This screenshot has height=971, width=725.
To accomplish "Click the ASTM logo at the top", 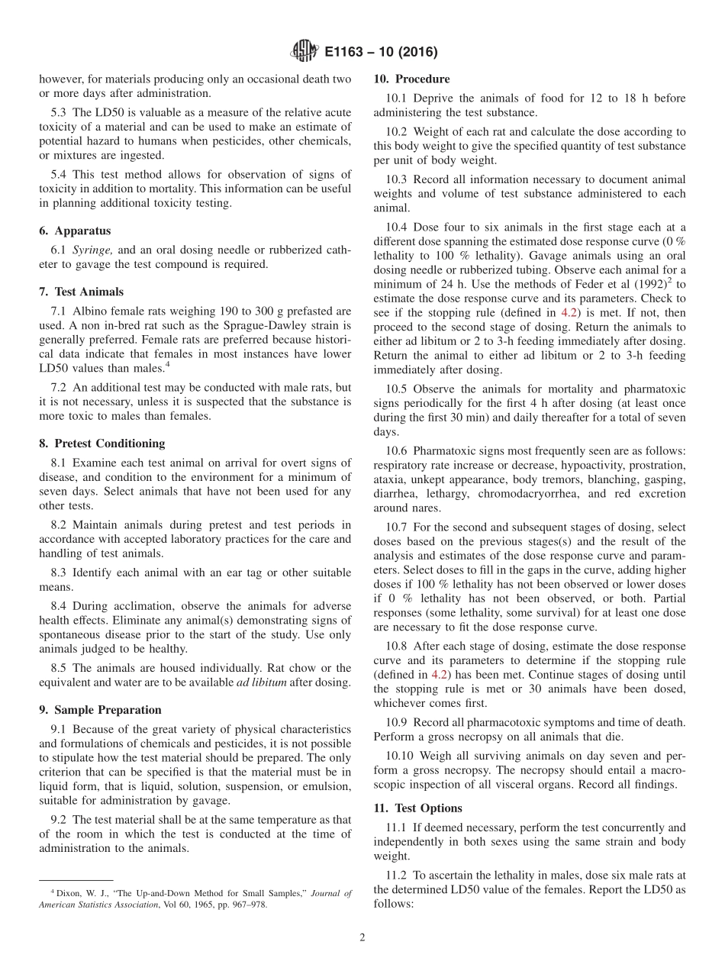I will click(x=304, y=52).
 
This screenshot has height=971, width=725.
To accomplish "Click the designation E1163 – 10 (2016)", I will click(x=382, y=53).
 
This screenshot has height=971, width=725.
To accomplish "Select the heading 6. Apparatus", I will click(x=75, y=231).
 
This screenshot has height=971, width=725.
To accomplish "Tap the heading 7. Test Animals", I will click(x=81, y=292).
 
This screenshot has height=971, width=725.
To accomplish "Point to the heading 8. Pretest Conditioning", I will click(x=101, y=443).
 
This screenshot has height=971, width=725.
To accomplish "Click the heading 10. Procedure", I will click(x=411, y=79).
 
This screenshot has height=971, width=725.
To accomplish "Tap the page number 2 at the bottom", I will click(x=362, y=937).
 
